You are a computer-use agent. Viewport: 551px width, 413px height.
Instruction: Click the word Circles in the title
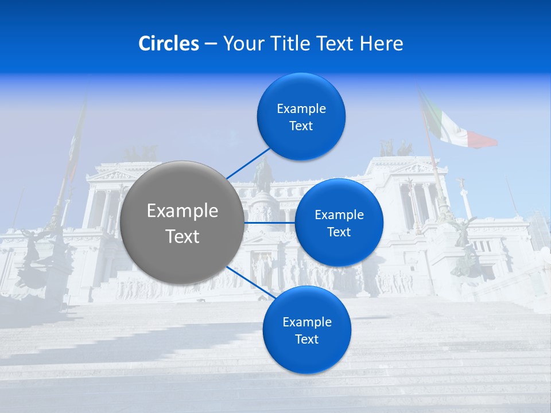click(168, 44)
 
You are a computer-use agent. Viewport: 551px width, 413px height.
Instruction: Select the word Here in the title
click(381, 44)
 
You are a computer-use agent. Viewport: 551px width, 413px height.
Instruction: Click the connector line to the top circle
click(248, 163)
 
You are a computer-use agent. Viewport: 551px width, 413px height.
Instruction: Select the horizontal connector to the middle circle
click(270, 223)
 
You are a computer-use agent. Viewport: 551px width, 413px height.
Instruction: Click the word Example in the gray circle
click(183, 211)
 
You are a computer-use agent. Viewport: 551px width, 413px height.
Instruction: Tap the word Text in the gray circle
click(183, 236)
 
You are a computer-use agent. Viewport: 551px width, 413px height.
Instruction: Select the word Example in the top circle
click(301, 109)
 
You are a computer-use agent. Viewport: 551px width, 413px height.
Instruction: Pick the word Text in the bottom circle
click(306, 340)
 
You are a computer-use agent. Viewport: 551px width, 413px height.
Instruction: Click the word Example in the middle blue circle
click(339, 215)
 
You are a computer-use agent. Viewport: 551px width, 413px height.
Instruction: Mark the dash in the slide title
click(211, 44)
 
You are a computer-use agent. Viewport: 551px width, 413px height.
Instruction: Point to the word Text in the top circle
click(301, 126)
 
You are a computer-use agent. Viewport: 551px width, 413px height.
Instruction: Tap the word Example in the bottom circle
click(307, 322)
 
